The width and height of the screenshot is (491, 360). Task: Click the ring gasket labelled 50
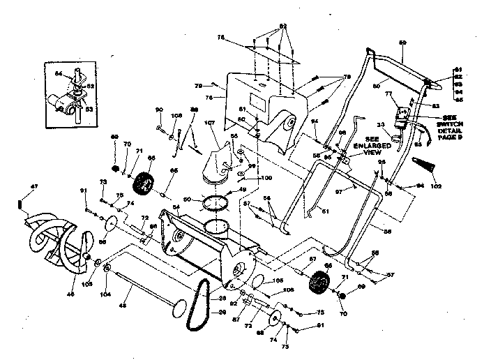point(216,204)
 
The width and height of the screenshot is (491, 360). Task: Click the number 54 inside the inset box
point(59,73)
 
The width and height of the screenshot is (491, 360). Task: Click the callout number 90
point(158,110)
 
